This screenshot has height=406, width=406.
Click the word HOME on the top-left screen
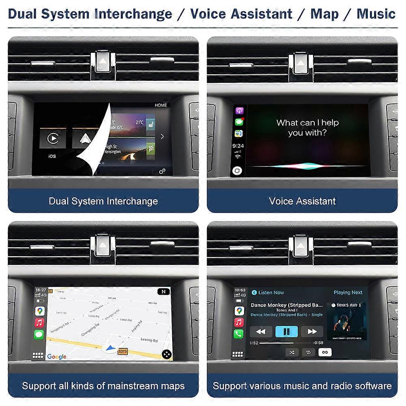tap(161, 105)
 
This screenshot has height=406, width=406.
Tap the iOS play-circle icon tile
tap(53, 138)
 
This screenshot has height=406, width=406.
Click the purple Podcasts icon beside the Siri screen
tap(239, 111)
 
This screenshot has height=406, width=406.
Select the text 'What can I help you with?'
tap(307, 127)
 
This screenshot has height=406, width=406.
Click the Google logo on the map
tap(57, 356)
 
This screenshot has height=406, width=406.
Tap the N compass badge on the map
tap(163, 292)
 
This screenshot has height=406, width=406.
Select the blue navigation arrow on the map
tap(109, 348)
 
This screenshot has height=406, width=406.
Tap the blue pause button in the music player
tap(287, 331)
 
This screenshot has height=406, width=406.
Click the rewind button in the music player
tap(261, 331)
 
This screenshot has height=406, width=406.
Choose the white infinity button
tap(325, 352)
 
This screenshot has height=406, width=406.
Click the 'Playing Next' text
tap(348, 292)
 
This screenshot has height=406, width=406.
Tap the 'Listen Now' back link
tap(268, 292)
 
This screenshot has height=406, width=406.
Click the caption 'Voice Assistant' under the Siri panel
tap(302, 201)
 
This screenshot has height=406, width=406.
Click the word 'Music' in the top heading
tap(376, 14)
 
